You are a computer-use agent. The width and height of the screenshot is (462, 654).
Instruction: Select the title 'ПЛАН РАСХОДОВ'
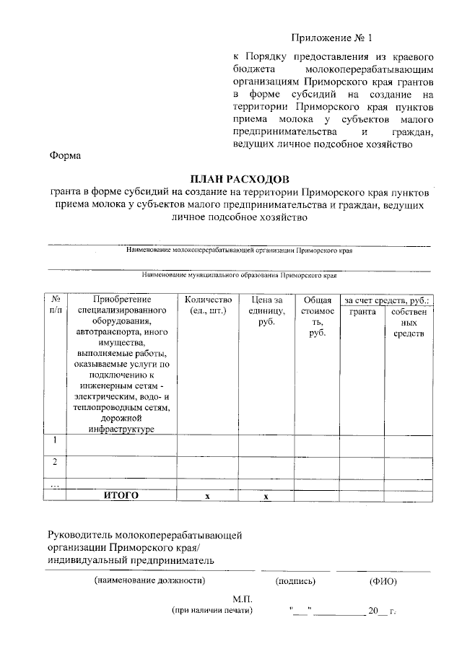[x=239, y=178]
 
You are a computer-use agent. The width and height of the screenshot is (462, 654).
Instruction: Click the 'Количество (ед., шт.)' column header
[x=207, y=305]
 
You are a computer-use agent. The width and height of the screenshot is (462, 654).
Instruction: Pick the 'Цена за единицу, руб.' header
[x=267, y=310]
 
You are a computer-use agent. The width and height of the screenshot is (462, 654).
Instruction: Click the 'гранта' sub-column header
[x=362, y=311]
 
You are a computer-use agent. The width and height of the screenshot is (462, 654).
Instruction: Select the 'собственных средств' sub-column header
[x=409, y=322]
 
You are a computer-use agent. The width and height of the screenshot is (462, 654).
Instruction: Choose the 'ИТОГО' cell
[x=121, y=495]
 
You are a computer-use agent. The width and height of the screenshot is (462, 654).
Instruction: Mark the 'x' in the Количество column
[x=207, y=496]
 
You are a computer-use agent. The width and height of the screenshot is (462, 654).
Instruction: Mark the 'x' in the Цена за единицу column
[x=266, y=496]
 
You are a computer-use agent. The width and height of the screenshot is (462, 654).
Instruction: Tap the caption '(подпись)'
[x=295, y=580]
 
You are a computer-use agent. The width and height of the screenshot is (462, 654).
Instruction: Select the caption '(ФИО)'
[x=383, y=580]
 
